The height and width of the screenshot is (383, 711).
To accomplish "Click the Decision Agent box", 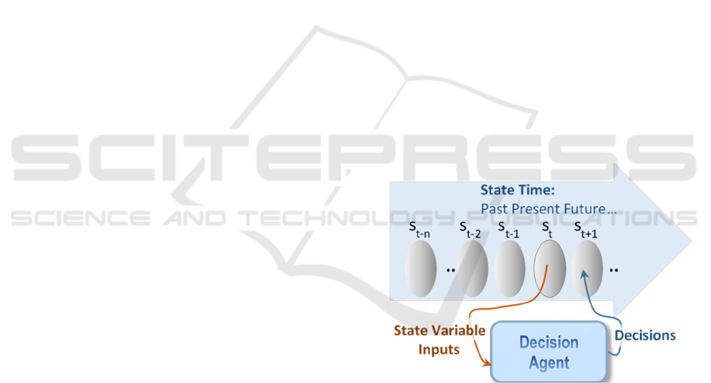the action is coord(548,351).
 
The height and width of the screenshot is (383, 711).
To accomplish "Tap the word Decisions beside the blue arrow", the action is coord(645,336).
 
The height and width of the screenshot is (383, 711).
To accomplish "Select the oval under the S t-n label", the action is coord(421,268).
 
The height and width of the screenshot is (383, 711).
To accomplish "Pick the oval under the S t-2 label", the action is coord(473,268).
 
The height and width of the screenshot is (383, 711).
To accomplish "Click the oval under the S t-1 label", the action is coord(510,268).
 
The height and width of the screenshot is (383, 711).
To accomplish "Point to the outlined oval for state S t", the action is coord(549,268).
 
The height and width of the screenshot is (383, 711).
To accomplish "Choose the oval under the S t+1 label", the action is coord(587,268).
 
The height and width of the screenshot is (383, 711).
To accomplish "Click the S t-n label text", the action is coord(420,230).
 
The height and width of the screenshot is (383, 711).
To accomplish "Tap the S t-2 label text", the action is coord(470,230).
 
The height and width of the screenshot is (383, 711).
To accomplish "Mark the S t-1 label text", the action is coord(508,230).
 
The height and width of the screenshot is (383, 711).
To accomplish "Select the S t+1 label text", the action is coord(586,230).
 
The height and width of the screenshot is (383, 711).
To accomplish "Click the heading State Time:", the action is coord(518,190).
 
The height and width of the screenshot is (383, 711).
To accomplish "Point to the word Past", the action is coord(495,208).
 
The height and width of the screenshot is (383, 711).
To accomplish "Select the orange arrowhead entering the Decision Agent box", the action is coord(487,362).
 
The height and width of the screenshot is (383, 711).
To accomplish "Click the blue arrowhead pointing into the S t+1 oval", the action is coord(585,275).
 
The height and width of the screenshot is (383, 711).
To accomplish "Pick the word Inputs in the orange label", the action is coord(439,350).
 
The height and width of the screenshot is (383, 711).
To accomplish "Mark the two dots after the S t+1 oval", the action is coord(613,270).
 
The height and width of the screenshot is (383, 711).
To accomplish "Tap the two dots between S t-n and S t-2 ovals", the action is coord(451,270).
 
